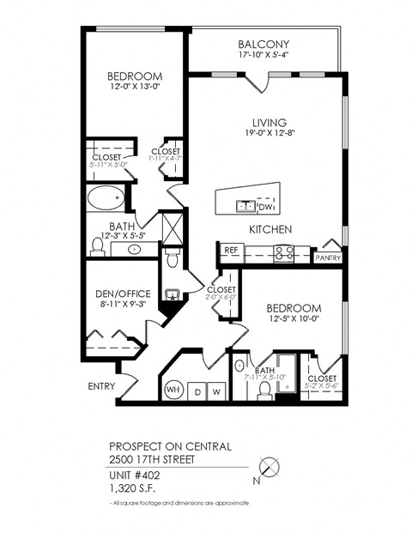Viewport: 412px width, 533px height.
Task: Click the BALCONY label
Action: point(264,45)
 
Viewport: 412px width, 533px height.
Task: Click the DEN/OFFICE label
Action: point(123,294)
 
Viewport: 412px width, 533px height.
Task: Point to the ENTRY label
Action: point(101,386)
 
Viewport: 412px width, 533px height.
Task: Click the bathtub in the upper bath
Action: point(106,198)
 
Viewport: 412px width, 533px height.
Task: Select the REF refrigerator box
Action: point(230,251)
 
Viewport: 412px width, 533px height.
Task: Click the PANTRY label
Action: point(328,257)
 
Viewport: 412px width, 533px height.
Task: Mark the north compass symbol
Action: point(270,469)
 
